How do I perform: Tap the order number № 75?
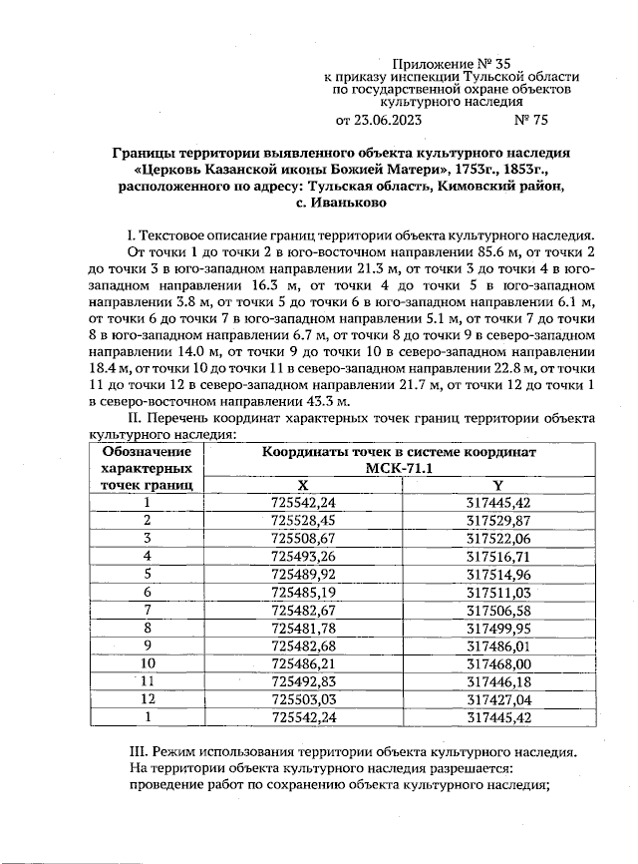click(529, 121)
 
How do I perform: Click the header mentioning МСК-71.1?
click(399, 468)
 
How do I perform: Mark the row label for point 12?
click(147, 699)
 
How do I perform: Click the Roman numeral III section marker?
click(140, 750)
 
